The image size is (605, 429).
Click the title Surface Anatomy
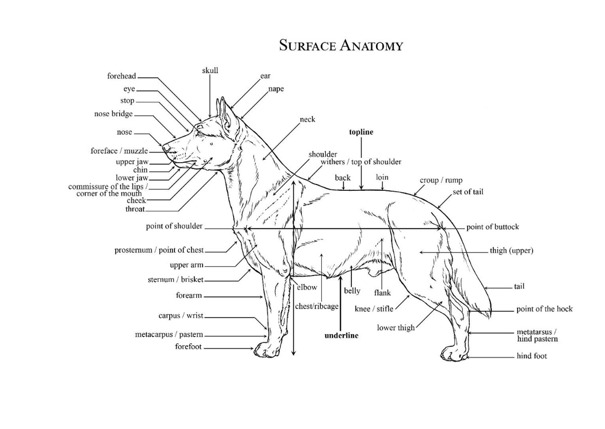pos(341,45)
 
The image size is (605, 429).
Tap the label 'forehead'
pos(121,76)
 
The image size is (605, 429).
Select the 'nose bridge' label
pos(114,114)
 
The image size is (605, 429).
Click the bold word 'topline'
pos(361,132)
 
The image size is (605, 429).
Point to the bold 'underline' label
pos(341,335)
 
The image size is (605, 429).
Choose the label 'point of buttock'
pos(493,227)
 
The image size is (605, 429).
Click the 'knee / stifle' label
pos(374,308)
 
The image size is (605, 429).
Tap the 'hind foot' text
pos(531,356)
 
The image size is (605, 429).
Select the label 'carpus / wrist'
pos(181,315)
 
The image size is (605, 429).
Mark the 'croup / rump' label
pos(441,180)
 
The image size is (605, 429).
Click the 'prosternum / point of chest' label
pos(159,250)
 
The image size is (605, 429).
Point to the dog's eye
pos(200,133)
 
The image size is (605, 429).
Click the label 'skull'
pos(210,70)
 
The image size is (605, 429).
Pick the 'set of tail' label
pos(468,192)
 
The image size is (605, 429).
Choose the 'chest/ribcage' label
pos(316,306)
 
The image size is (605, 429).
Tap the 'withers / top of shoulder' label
pos(361,162)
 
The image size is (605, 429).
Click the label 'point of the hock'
pos(544,309)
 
